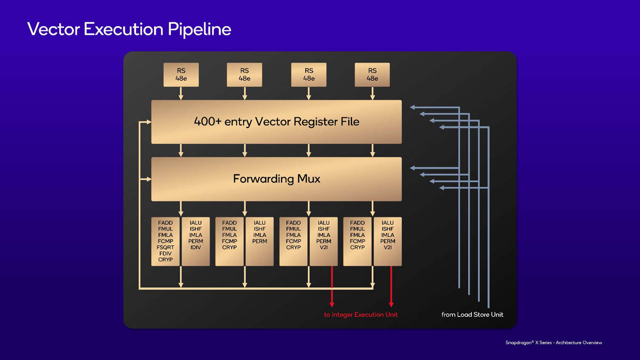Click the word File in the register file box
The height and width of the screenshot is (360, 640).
(x=350, y=122)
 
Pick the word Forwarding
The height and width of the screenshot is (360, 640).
(x=263, y=179)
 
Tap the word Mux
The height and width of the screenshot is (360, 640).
(x=309, y=179)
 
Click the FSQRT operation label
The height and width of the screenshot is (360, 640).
(x=165, y=247)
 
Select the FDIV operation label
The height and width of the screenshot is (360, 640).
(x=165, y=253)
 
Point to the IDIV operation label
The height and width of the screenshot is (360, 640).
(x=196, y=247)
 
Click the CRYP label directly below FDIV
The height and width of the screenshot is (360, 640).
(x=165, y=260)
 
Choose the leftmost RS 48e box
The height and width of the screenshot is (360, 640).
(x=181, y=75)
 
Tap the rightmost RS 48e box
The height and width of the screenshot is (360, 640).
(x=372, y=75)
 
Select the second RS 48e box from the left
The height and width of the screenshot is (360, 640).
(x=244, y=75)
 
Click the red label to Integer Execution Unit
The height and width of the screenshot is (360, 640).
(x=361, y=315)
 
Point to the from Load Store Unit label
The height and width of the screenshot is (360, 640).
(x=472, y=315)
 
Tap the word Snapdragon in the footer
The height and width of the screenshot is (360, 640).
(x=521, y=342)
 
